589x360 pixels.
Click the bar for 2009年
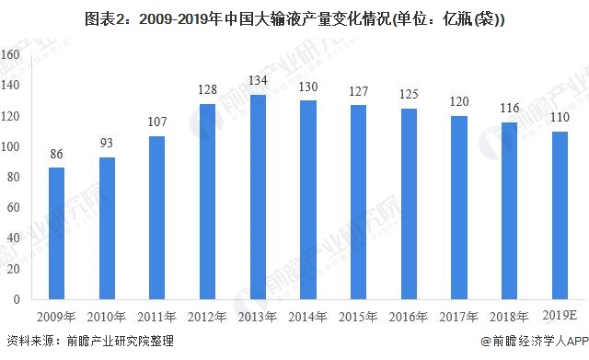pyautogui.click(x=57, y=234)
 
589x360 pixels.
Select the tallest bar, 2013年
pyautogui.click(x=259, y=197)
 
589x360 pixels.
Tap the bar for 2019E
pyautogui.click(x=560, y=215)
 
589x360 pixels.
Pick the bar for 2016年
pyautogui.click(x=409, y=203)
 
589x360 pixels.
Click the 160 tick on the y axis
pyautogui.click(x=10, y=55)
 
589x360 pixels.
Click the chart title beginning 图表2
pyautogui.click(x=294, y=17)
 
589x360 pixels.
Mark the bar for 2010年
pyautogui.click(x=107, y=228)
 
